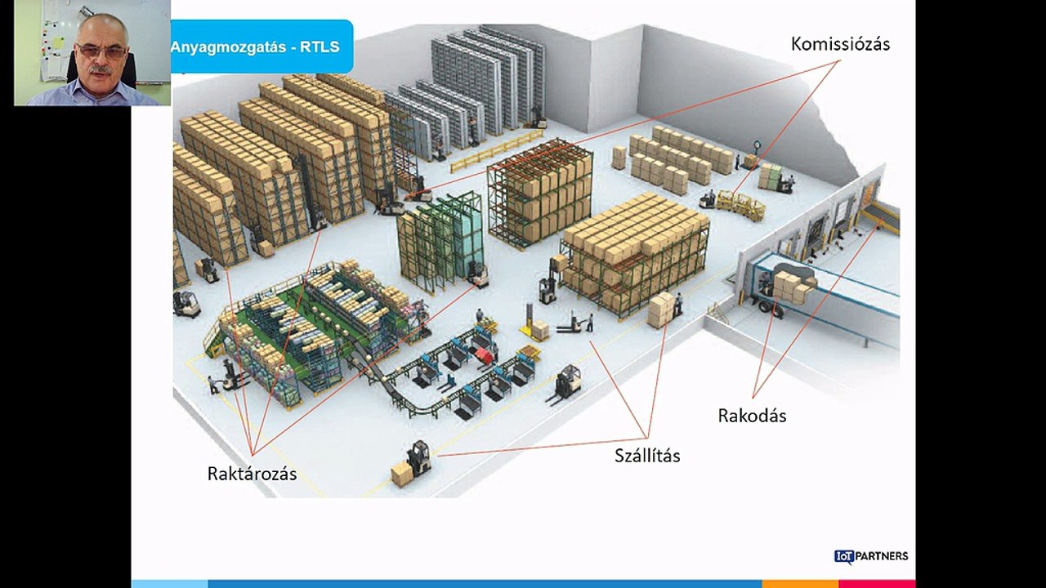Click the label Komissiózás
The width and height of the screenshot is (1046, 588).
[x=840, y=44]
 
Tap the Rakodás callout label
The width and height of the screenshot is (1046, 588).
[x=752, y=416]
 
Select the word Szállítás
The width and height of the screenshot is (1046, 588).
[x=647, y=455]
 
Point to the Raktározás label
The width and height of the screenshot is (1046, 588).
[x=252, y=474]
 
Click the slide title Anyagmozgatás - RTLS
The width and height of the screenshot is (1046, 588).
[x=255, y=47]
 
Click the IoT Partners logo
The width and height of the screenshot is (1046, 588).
[x=871, y=556]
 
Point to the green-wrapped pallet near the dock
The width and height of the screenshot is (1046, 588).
[x=770, y=177]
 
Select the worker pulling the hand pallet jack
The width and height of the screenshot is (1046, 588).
[x=590, y=322]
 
